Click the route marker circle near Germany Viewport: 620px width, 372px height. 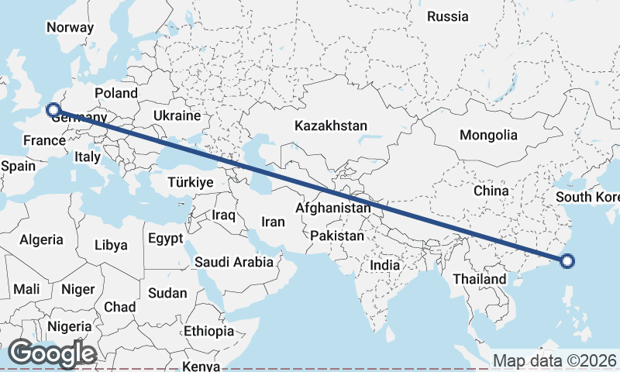coord(53,109)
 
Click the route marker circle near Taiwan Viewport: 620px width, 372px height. coord(567,260)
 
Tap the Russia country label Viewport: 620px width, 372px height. coord(448,16)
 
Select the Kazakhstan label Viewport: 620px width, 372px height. coord(330,126)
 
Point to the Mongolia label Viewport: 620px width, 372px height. coord(488,135)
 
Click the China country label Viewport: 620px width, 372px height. coord(491,191)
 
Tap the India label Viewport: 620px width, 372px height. coord(384,265)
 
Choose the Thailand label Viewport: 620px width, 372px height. coord(480,279)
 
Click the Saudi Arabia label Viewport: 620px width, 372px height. coord(233,262)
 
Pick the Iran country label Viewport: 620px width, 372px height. coord(273,222)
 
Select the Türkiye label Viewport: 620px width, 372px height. coord(190,182)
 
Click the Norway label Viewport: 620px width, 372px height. coord(70,27)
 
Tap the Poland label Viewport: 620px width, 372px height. coord(115,93)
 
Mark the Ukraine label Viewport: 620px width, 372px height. coord(177,115)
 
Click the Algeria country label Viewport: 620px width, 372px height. coord(41,240)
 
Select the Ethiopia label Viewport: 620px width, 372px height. coord(208,331)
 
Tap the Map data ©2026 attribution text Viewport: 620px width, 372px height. coord(555,360)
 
